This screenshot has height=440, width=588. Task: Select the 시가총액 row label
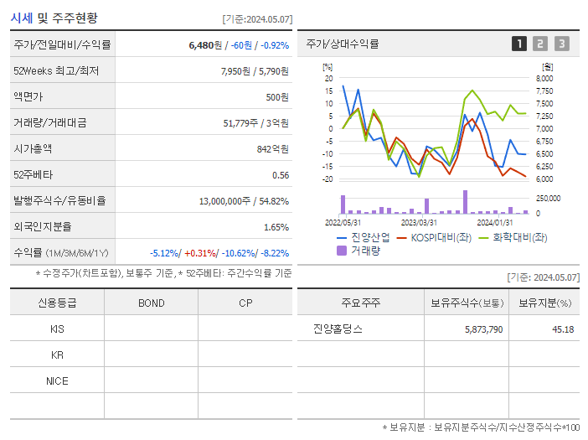click(x=33, y=149)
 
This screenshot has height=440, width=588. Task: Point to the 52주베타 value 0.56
click(x=280, y=175)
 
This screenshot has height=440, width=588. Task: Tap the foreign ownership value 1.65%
click(x=276, y=227)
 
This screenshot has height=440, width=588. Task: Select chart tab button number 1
click(x=519, y=44)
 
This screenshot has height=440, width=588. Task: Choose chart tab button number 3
click(x=561, y=44)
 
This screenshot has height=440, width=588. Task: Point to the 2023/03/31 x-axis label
click(x=419, y=222)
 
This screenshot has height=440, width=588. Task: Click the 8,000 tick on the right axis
click(x=544, y=79)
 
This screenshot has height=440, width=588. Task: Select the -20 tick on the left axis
click(x=328, y=179)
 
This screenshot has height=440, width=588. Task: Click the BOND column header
click(x=151, y=303)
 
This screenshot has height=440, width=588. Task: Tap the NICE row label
click(x=57, y=380)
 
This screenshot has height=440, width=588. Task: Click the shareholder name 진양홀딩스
click(x=338, y=329)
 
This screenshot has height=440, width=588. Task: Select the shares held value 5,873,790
click(x=483, y=329)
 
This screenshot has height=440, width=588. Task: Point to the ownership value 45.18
click(x=561, y=329)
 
